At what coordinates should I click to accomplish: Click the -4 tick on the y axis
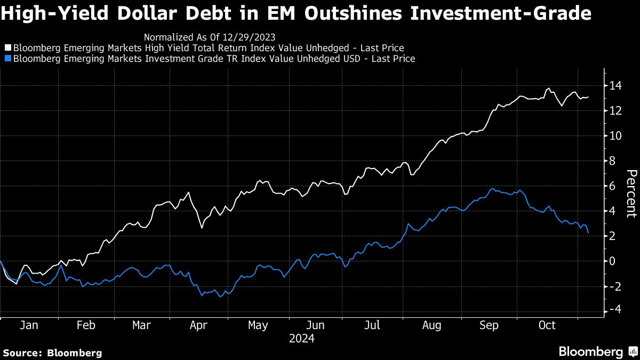point(614,310)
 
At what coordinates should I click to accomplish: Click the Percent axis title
point(631,201)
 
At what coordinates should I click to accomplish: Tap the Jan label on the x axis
point(29,325)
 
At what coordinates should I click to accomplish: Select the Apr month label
point(198,325)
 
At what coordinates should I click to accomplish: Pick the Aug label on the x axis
point(431,325)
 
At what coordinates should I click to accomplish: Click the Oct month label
point(547,325)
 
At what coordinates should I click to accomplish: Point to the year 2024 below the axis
point(302,338)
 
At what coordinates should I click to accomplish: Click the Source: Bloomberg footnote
point(52,353)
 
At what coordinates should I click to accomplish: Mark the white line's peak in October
point(549,88)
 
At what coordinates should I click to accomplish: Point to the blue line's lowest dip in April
point(220,297)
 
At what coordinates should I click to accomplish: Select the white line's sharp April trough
point(202,228)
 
